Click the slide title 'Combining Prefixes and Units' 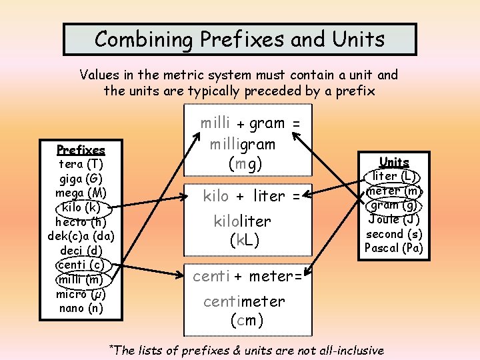[239, 39]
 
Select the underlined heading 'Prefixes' [81, 150]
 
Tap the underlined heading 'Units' [393, 162]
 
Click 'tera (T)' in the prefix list [81, 164]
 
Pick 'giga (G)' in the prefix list [81, 178]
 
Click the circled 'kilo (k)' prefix [80, 207]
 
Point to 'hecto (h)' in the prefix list [81, 221]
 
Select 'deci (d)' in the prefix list [81, 250]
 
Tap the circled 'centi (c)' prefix [81, 265]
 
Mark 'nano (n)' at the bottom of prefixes [81, 308]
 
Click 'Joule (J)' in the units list [393, 219]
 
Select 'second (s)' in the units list [393, 234]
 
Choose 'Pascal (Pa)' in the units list [393, 248]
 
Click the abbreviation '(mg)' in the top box [245, 164]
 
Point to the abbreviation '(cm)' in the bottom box [247, 320]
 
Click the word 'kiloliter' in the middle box [242, 221]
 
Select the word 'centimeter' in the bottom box [244, 302]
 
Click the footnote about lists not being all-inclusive [246, 350]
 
